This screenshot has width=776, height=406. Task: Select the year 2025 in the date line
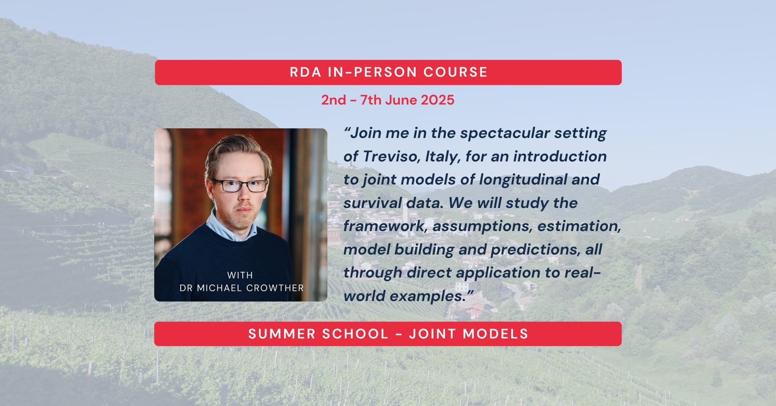[x=437, y=100]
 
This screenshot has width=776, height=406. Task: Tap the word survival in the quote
[x=372, y=203]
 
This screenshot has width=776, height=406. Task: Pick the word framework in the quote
[x=384, y=226]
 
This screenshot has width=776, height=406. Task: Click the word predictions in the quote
[x=534, y=250]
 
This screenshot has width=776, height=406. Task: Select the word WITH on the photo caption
[x=240, y=275]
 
